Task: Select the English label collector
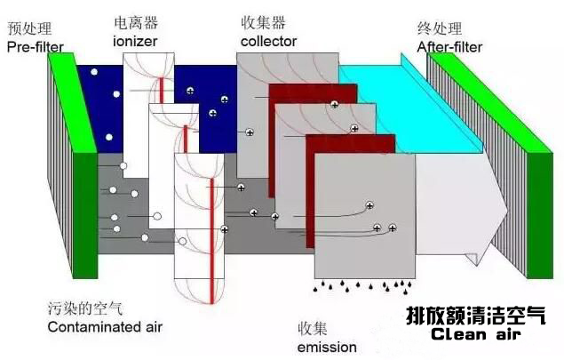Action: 268,41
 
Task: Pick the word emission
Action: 328,346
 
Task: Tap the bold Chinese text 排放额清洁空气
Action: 475,316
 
